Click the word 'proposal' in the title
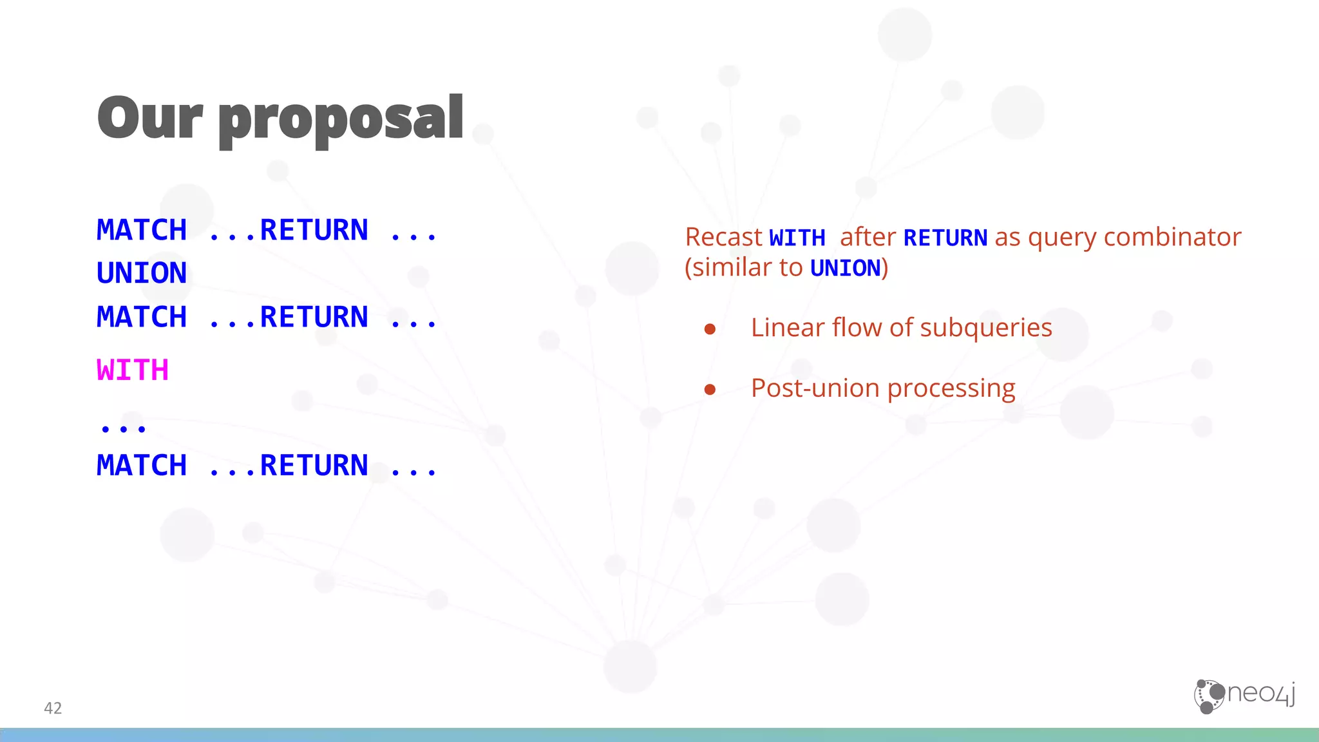click(x=341, y=120)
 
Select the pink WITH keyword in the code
click(x=133, y=370)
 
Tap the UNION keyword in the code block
click(x=142, y=273)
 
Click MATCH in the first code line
click(x=142, y=230)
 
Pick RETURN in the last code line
click(x=314, y=465)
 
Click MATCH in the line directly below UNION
click(x=142, y=317)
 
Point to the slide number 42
click(x=53, y=708)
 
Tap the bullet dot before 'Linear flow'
click(x=710, y=329)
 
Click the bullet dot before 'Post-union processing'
click(x=710, y=389)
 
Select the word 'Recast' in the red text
click(x=723, y=237)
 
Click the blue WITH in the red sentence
click(x=797, y=238)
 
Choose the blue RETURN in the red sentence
click(x=945, y=238)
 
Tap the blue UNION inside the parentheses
click(x=845, y=268)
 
